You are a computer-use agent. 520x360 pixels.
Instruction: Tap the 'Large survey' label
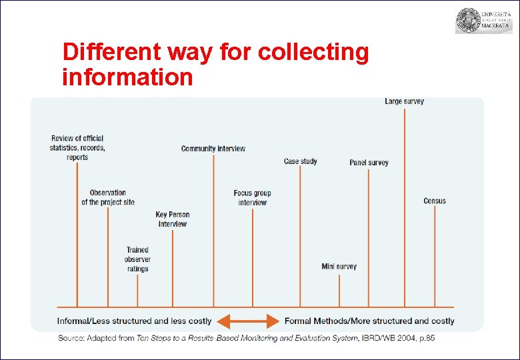pyautogui.click(x=404, y=101)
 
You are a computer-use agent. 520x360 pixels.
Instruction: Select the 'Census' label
pyautogui.click(x=435, y=201)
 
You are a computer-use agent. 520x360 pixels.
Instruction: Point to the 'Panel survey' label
pyautogui.click(x=369, y=163)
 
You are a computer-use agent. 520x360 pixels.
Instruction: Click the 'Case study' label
pyautogui.click(x=301, y=161)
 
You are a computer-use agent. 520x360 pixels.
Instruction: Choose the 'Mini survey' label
pyautogui.click(x=339, y=267)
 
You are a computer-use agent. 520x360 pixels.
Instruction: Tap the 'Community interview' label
pyautogui.click(x=213, y=149)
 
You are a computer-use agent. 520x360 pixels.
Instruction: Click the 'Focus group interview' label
pyautogui.click(x=252, y=198)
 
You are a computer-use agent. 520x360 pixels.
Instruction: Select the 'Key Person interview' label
pyautogui.click(x=173, y=219)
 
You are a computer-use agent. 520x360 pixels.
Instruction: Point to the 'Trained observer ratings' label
pyautogui.click(x=137, y=259)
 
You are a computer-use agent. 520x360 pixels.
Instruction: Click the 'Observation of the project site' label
pyautogui.click(x=108, y=197)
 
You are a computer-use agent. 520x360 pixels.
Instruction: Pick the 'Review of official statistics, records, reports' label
pyautogui.click(x=77, y=147)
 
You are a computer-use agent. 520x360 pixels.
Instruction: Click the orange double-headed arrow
pyautogui.click(x=248, y=321)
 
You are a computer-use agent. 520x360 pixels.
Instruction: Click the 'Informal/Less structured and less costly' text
pyautogui.click(x=134, y=321)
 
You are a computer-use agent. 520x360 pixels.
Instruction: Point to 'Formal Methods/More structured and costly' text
pyautogui.click(x=369, y=321)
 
